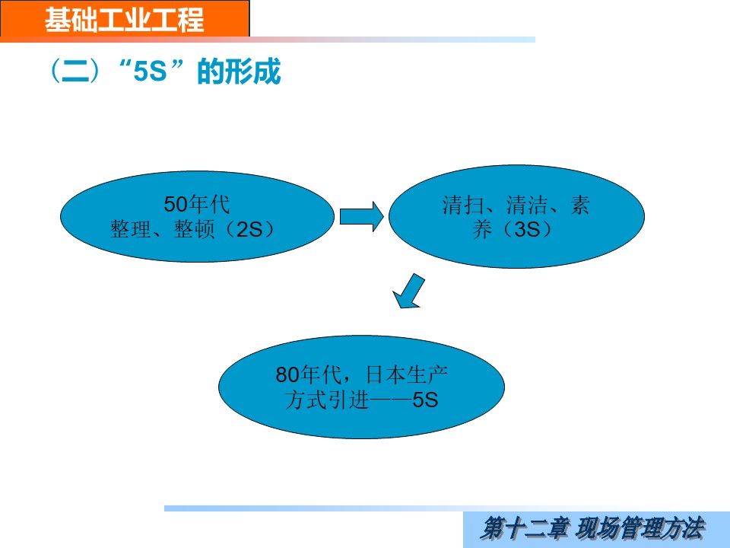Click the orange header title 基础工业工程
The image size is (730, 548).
pos(124,20)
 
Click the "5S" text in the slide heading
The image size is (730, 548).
pos(150,72)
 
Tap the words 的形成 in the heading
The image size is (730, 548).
pos(239,72)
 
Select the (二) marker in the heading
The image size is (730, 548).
pos(75,72)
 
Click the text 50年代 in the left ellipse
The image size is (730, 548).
pos(197,204)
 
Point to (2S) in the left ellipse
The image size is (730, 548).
pos(250,229)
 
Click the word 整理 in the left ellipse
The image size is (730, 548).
pos(130,229)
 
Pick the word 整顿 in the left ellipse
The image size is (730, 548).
pos(194,229)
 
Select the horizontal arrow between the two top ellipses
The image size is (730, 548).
pos(362,216)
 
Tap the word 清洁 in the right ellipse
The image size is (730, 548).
pos(526,205)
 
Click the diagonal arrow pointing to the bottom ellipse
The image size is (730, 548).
pos(408,292)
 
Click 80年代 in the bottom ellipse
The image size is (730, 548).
pos(309,374)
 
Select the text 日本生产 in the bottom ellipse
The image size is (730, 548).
pos(407,374)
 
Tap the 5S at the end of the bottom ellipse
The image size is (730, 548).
pos(426,400)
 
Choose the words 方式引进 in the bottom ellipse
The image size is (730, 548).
pos(327,400)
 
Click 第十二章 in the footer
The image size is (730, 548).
pos(524,528)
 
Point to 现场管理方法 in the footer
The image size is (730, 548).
pos(640,528)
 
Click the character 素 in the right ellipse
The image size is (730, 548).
pos(580,205)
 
